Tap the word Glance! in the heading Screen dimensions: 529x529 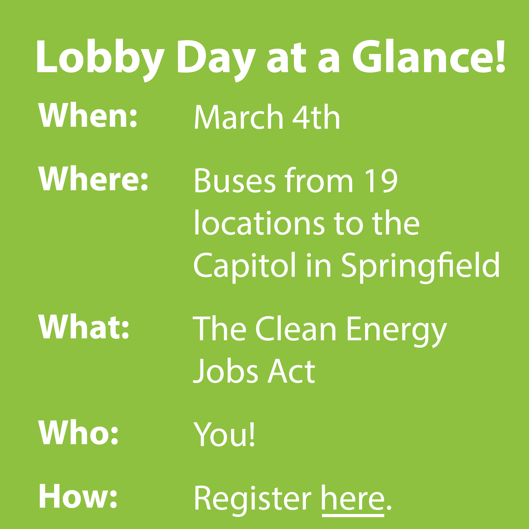coord(428,56)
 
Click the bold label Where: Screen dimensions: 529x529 coord(93,178)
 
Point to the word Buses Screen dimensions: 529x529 coord(235,180)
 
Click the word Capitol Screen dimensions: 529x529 coord(245,266)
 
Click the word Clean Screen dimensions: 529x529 coord(296,329)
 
